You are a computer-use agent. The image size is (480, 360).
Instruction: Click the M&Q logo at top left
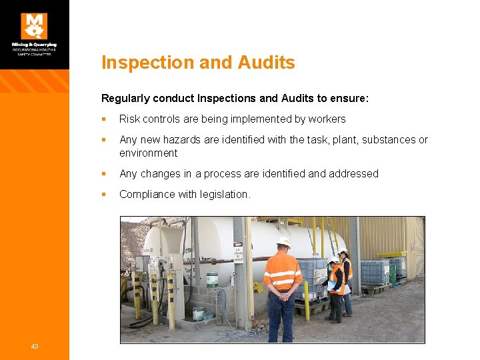[34, 26]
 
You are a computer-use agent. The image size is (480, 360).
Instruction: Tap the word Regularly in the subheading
[125, 98]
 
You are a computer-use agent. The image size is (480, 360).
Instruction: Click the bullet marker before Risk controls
[103, 119]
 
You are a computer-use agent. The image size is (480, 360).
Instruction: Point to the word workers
[327, 119]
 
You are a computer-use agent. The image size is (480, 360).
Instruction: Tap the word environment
[148, 153]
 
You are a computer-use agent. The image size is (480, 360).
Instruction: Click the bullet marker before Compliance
[103, 195]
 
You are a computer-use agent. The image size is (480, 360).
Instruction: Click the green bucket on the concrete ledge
[212, 279]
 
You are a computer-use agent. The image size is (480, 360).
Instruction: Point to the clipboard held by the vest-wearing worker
[331, 285]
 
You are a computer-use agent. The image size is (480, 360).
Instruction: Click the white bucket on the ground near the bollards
[199, 313]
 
